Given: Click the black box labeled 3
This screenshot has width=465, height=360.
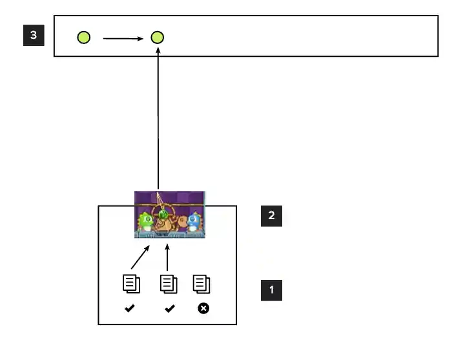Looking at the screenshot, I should [34, 35].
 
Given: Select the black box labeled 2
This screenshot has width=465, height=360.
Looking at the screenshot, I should [271, 216].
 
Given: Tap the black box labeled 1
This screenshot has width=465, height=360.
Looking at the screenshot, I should [271, 290].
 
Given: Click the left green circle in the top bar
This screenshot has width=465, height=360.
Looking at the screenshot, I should [84, 37].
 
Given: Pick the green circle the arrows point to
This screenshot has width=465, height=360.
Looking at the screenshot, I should [158, 37].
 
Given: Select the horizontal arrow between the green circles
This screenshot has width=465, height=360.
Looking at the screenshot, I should [123, 38].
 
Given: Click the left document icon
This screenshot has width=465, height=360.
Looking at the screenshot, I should [131, 284].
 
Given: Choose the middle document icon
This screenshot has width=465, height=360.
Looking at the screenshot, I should [169, 284].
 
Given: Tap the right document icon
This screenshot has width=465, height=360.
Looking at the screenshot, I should [202, 284].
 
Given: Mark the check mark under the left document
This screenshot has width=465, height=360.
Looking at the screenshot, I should [130, 309].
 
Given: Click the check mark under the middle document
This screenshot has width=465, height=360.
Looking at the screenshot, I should [169, 309].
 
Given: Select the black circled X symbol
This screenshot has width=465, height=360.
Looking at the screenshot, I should [203, 308].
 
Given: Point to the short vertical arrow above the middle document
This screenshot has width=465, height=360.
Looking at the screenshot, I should [167, 257].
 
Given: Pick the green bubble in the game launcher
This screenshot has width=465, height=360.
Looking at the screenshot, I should [164, 215].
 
